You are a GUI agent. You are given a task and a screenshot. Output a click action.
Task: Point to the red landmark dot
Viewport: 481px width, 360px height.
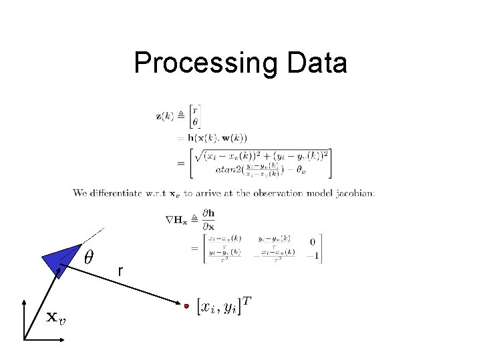(x=187, y=306)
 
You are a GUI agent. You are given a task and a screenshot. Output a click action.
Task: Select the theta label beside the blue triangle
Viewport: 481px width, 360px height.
(x=89, y=257)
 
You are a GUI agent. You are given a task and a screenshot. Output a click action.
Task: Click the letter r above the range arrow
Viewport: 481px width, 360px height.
(x=120, y=271)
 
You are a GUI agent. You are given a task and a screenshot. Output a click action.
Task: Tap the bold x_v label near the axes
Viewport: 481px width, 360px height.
(x=55, y=317)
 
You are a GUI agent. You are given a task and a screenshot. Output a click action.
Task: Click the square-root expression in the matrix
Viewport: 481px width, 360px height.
(x=261, y=157)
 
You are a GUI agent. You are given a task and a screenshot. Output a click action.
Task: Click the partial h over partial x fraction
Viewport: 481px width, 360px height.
(x=209, y=219)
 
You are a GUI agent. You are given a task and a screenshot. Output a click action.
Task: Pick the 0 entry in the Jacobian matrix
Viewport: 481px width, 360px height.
(x=312, y=241)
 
